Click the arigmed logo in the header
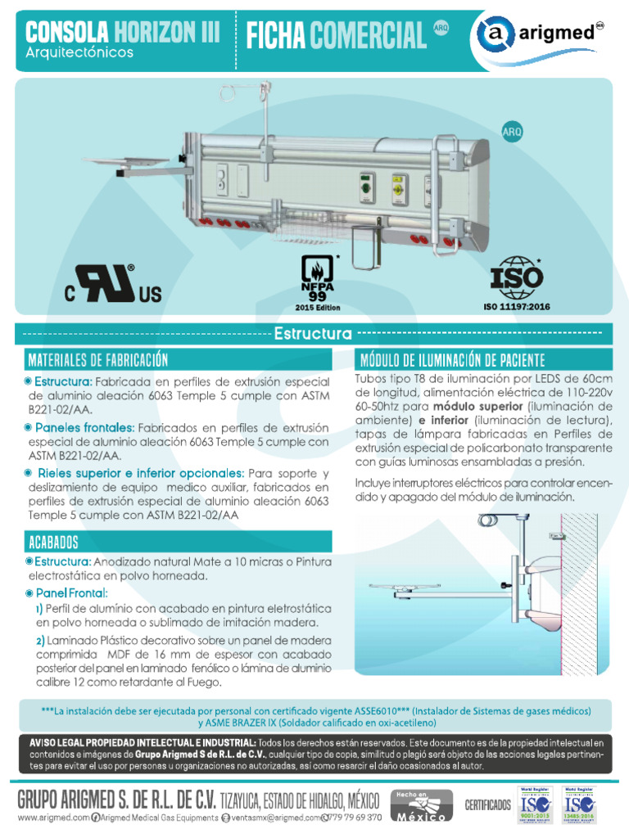(544, 36)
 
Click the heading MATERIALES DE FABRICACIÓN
(97, 360)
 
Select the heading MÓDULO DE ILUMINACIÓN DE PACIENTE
(451, 360)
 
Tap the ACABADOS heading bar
(53, 542)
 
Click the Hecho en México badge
(420, 806)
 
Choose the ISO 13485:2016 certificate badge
(581, 806)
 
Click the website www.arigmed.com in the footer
(52, 818)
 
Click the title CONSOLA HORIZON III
(123, 32)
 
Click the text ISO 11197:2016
(517, 308)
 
